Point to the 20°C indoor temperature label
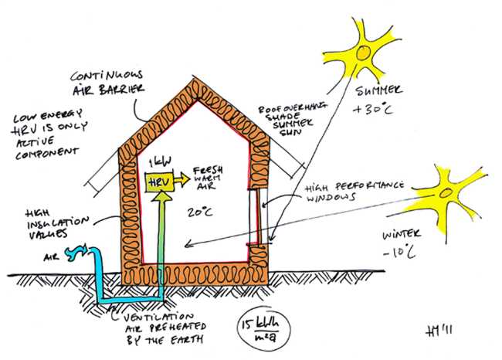pyautogui.click(x=197, y=211)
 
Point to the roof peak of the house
pyautogui.click(x=192, y=76)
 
